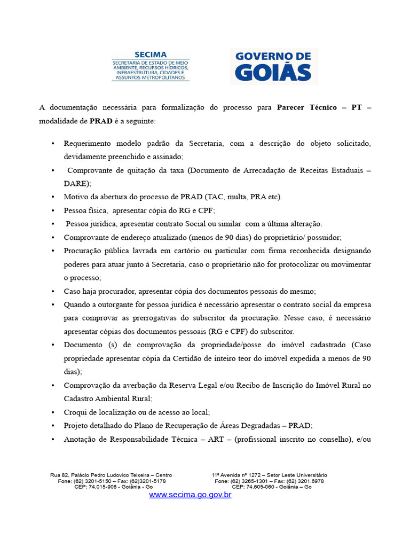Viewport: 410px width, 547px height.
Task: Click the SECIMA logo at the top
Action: coord(151,66)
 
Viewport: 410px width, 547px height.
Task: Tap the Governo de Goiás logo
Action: coord(273,66)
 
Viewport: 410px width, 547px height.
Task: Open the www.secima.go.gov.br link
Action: coord(190,495)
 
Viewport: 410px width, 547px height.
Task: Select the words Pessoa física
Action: coord(85,210)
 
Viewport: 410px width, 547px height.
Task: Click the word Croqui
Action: coord(76,412)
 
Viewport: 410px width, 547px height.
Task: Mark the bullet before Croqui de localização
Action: coord(52,412)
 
